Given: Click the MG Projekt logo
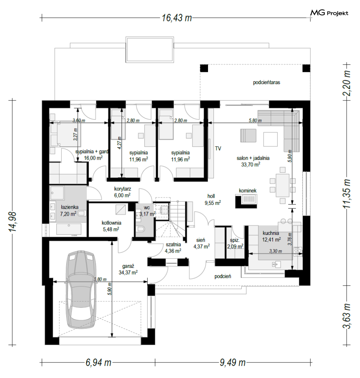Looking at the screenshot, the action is (x=329, y=13).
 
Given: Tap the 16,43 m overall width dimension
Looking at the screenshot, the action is (x=177, y=18).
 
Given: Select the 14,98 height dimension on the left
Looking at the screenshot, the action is (x=13, y=222).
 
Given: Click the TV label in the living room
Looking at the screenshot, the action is (x=218, y=149).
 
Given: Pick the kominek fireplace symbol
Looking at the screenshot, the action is (x=246, y=202).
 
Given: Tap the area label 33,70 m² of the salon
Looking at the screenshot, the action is (x=251, y=164).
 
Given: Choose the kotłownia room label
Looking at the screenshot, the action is (x=111, y=223).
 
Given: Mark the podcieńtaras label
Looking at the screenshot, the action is (x=266, y=82).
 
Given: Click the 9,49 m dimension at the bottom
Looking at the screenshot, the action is (x=233, y=362).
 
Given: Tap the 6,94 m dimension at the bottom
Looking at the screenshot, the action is (x=98, y=362).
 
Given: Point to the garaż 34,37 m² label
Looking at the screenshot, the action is (x=128, y=269).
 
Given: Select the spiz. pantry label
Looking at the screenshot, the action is (x=235, y=240).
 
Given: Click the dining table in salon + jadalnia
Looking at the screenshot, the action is (x=283, y=185).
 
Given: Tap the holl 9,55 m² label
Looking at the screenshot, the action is (x=213, y=199).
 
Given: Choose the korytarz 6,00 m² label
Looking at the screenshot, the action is (x=122, y=192).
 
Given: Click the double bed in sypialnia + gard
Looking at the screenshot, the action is (x=65, y=133).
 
